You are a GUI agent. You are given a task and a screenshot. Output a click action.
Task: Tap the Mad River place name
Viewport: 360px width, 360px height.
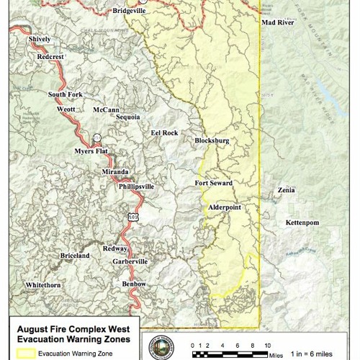[x=277, y=23]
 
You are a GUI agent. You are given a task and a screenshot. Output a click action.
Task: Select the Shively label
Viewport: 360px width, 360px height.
[x=40, y=39]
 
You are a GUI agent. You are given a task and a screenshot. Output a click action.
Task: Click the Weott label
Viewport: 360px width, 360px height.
[x=66, y=109]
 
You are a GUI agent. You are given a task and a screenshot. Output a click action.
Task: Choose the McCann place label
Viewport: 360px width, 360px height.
[x=106, y=110]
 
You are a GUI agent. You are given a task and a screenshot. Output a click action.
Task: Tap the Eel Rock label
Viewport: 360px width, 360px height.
[x=164, y=133]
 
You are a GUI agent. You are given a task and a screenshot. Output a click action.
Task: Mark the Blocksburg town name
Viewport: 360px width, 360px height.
[x=212, y=141]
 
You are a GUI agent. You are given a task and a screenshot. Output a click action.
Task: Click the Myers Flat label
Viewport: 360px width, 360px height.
[x=91, y=151]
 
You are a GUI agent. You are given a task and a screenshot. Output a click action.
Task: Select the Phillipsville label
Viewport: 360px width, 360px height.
[x=137, y=186]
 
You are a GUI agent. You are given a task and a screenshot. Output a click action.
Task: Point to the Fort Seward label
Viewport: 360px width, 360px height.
[x=214, y=184]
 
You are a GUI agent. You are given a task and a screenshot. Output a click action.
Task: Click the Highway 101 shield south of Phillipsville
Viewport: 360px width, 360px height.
[x=133, y=216]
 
